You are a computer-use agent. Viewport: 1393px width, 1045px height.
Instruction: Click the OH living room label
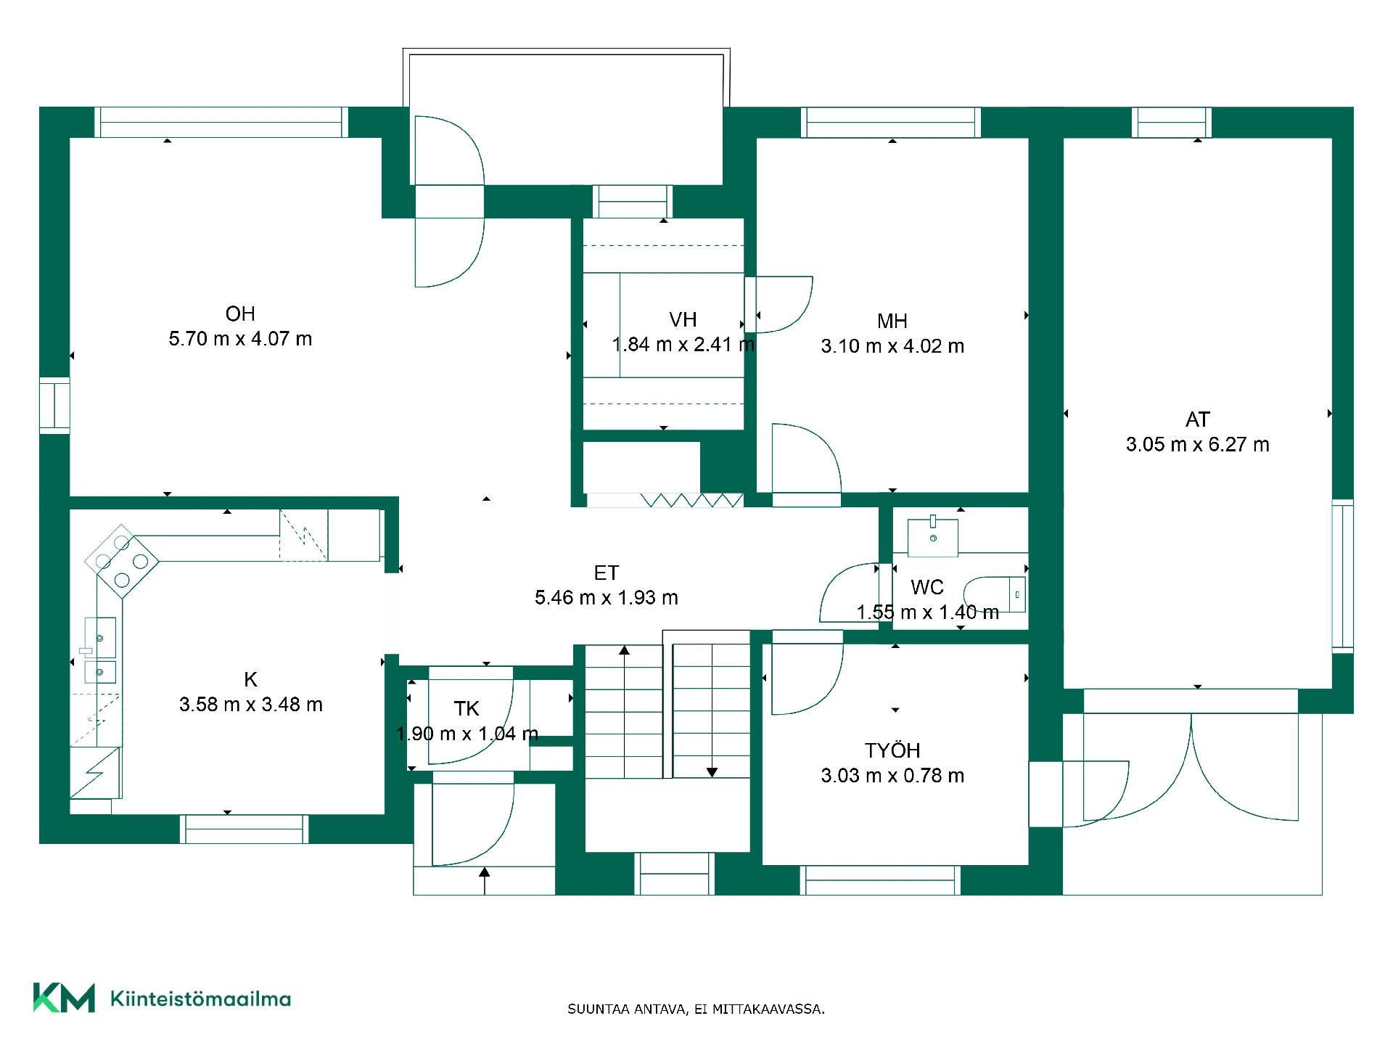pyautogui.click(x=240, y=313)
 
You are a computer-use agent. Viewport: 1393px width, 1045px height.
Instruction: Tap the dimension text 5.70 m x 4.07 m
pyautogui.click(x=240, y=339)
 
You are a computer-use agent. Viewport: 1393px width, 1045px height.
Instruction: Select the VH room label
pyautogui.click(x=683, y=319)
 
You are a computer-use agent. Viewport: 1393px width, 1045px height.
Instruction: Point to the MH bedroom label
pyautogui.click(x=892, y=321)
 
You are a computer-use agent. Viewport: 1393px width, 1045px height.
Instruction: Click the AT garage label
pyautogui.click(x=1198, y=419)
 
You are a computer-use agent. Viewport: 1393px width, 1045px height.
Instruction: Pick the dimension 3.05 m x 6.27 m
pyautogui.click(x=1198, y=445)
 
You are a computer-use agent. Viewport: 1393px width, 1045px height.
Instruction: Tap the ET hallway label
pyautogui.click(x=607, y=573)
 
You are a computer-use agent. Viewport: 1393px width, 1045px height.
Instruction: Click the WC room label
pyautogui.click(x=927, y=587)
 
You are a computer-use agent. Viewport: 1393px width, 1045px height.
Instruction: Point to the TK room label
pyautogui.click(x=467, y=708)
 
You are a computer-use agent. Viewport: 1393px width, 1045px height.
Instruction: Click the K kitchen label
pyautogui.click(x=250, y=679)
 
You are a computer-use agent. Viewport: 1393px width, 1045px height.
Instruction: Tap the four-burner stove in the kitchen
pyautogui.click(x=122, y=561)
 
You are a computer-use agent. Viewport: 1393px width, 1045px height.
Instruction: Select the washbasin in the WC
pyautogui.click(x=933, y=536)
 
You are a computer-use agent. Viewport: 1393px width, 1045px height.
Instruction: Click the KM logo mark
pyautogui.click(x=64, y=998)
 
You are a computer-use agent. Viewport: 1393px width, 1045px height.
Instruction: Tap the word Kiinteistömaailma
pyautogui.click(x=200, y=999)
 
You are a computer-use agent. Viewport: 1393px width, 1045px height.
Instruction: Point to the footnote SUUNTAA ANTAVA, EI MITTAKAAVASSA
pyautogui.click(x=696, y=1009)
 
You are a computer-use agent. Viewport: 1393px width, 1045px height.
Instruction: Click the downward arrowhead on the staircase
pyautogui.click(x=712, y=772)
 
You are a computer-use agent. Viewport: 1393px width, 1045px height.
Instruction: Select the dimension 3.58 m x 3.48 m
pyautogui.click(x=250, y=705)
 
